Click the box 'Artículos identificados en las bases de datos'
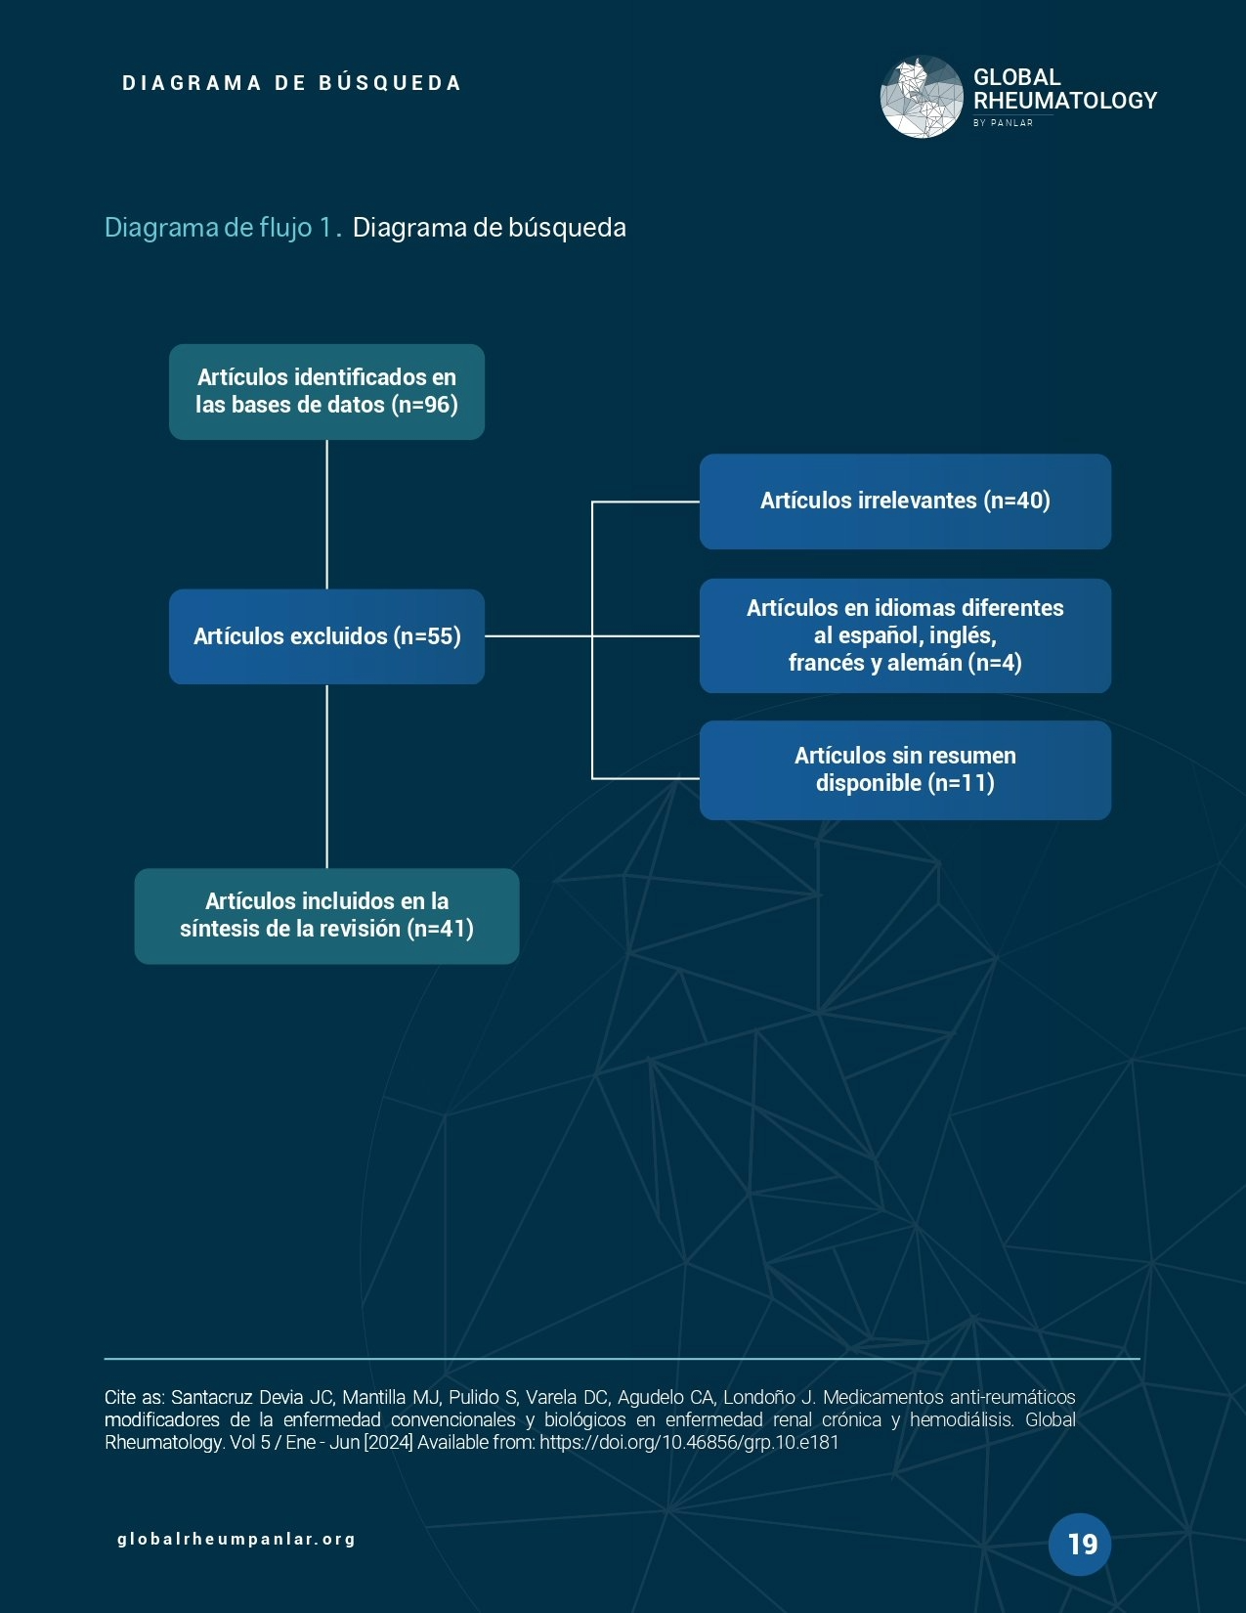point(326,391)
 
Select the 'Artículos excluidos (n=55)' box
point(326,636)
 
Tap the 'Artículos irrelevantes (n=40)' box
point(905,501)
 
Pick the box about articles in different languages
point(905,635)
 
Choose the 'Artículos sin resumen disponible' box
point(905,769)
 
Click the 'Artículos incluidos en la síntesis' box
point(326,915)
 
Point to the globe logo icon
point(921,97)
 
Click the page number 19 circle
point(1080,1544)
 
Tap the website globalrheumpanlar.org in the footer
point(236,1539)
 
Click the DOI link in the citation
point(689,1442)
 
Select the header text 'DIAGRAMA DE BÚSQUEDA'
point(291,83)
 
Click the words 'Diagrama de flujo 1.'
point(223,228)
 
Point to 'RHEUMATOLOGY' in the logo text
point(1065,101)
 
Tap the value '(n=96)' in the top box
point(424,405)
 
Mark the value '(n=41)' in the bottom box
point(440,929)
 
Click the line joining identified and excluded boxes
point(326,513)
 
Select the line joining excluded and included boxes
point(326,775)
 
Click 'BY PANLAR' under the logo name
point(1003,123)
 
